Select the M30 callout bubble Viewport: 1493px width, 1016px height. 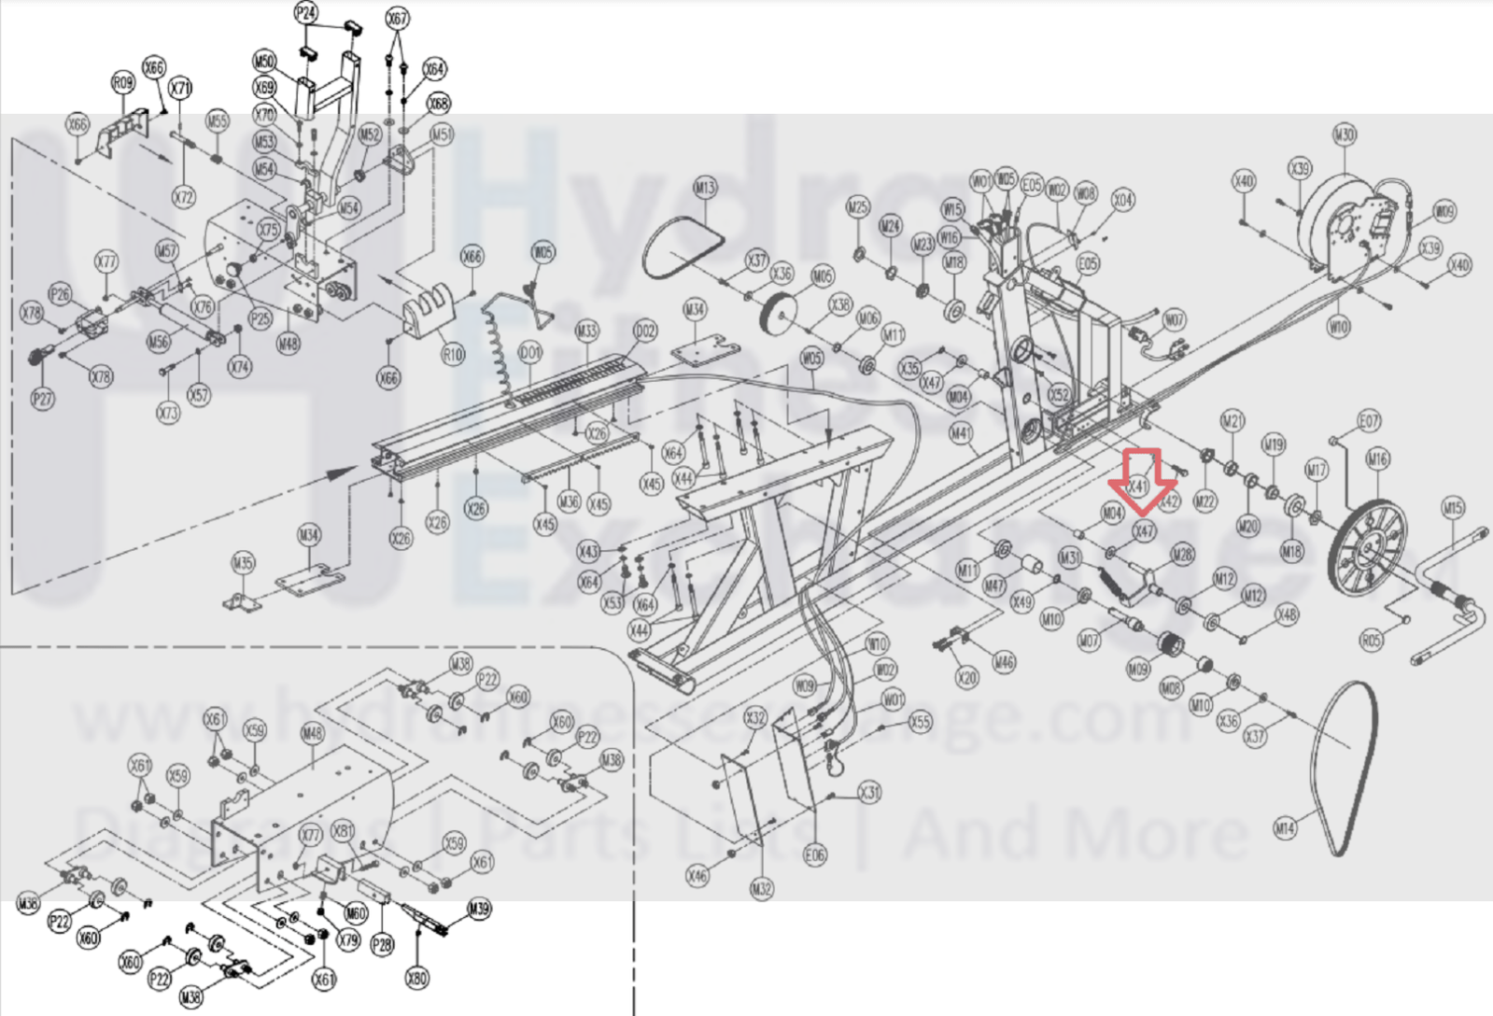(x=1344, y=134)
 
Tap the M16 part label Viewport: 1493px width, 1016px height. (x=1378, y=458)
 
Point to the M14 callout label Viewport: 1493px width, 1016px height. (x=1286, y=827)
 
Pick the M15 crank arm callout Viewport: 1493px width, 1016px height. (x=1453, y=508)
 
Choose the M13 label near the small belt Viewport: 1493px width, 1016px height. (x=705, y=188)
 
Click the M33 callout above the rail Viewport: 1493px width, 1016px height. (x=586, y=331)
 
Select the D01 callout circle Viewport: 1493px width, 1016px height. (x=529, y=354)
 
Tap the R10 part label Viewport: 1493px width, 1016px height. (x=453, y=354)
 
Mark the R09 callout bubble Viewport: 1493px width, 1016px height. (x=123, y=83)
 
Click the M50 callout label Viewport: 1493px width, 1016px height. (x=265, y=62)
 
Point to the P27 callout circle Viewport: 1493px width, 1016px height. (x=42, y=399)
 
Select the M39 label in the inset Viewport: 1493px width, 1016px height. (x=479, y=909)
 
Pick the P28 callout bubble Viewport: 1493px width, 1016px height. (x=382, y=945)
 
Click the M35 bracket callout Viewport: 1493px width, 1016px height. (x=243, y=563)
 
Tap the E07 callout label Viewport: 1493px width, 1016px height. (x=1369, y=421)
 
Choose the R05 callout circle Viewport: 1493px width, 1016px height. (x=1371, y=641)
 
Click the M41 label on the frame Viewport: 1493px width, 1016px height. (x=961, y=433)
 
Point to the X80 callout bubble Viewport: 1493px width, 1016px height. (x=416, y=978)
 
